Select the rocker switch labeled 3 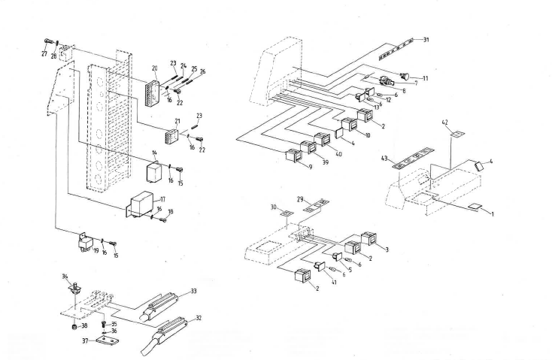[x=369, y=239]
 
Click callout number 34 [x=65, y=277]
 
